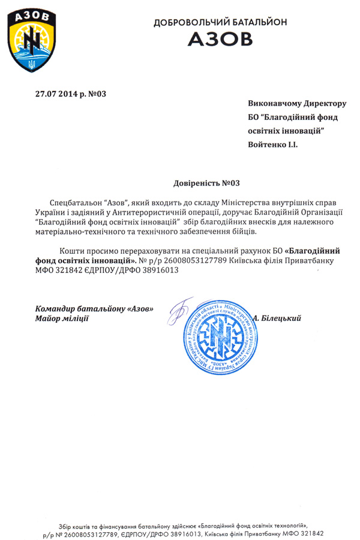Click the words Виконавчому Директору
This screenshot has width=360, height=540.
click(x=298, y=105)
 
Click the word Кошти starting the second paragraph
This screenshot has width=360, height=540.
click(x=72, y=250)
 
